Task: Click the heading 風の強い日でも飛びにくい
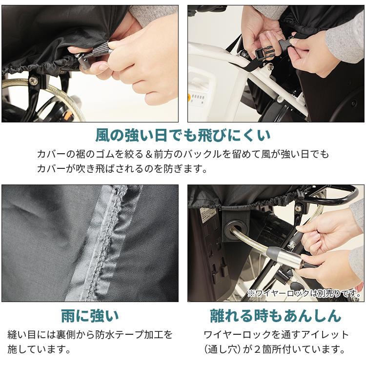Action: coord(183,136)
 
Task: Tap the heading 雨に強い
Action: coord(90,316)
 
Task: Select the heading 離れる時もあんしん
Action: coord(276,316)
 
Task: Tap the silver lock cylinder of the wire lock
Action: coord(283,256)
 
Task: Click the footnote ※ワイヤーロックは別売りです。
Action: coord(304,293)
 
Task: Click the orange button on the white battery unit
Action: coord(188,97)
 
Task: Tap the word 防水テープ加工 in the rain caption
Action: coord(129,335)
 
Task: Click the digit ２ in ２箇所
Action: coord(257,349)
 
